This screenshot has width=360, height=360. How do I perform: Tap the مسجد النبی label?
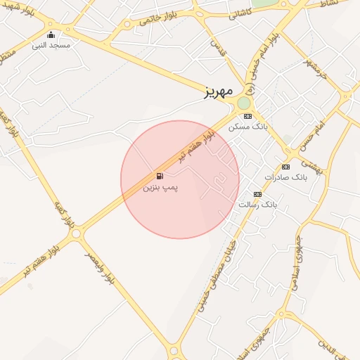point(50,45)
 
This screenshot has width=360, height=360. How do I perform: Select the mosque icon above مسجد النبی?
point(50,34)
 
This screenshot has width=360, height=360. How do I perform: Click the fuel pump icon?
point(160,176)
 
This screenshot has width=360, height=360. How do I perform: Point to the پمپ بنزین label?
point(160,188)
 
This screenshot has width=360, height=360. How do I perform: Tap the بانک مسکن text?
point(249,127)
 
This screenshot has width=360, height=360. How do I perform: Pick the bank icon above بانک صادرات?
point(285,167)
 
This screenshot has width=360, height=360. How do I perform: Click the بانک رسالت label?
point(258,205)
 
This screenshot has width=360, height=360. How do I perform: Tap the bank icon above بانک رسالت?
point(257,193)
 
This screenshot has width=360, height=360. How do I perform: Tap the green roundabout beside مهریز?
point(244,103)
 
